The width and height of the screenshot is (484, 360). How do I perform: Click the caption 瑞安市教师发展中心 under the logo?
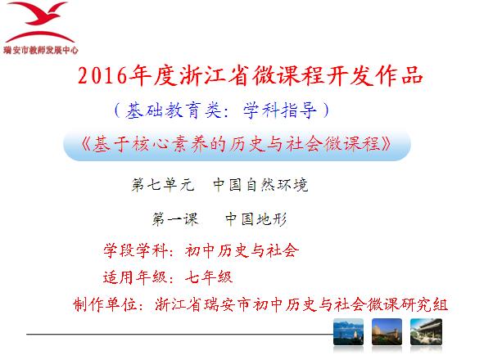(x=41, y=50)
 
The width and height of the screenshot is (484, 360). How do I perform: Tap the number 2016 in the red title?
(x=102, y=75)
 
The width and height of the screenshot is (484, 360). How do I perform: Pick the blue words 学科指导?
(x=279, y=110)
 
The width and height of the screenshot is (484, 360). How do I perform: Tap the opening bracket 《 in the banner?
(x=86, y=144)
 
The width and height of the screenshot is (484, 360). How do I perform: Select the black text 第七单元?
(x=163, y=185)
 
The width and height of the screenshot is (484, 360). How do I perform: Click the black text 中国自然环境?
(x=260, y=185)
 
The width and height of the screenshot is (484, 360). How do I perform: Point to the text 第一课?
(x=174, y=219)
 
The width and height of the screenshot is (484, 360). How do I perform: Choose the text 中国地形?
(x=256, y=219)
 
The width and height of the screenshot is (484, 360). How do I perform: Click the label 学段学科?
(x=136, y=250)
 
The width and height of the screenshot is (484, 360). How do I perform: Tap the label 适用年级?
(x=135, y=277)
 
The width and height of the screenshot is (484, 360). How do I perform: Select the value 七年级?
(x=209, y=277)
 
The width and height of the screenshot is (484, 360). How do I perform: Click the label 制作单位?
(x=105, y=305)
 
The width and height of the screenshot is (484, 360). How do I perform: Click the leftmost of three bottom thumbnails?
(x=348, y=332)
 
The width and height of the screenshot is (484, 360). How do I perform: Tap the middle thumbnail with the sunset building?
(x=387, y=332)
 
